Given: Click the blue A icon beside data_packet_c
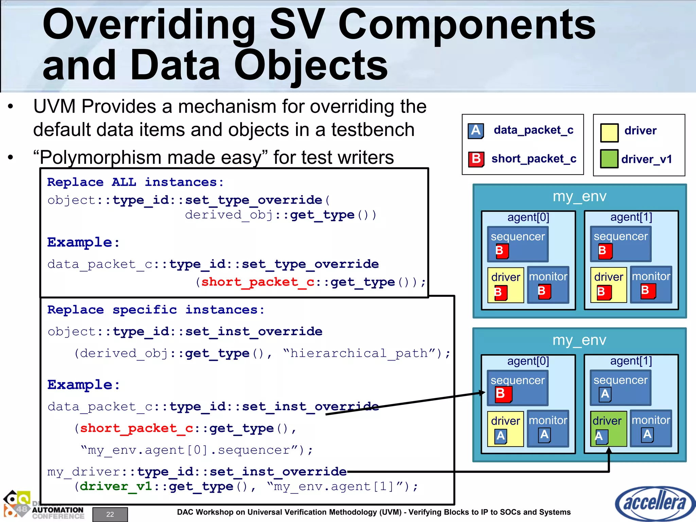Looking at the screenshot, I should (476, 131).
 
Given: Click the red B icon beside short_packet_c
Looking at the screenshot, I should (476, 159).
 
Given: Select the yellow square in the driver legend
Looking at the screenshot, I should (609, 132).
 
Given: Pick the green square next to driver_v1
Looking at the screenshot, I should (609, 159).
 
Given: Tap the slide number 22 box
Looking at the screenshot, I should (110, 514).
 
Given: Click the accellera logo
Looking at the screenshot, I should (654, 503).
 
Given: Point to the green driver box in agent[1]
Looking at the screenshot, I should (608, 428).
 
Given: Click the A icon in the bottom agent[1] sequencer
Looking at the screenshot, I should (605, 394).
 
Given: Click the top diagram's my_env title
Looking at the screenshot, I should (579, 196).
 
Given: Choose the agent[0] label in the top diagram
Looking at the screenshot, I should (528, 217).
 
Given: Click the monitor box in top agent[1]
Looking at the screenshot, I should (651, 284).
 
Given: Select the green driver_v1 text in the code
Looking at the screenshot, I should (116, 487).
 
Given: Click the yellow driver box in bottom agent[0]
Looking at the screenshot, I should (505, 428).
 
